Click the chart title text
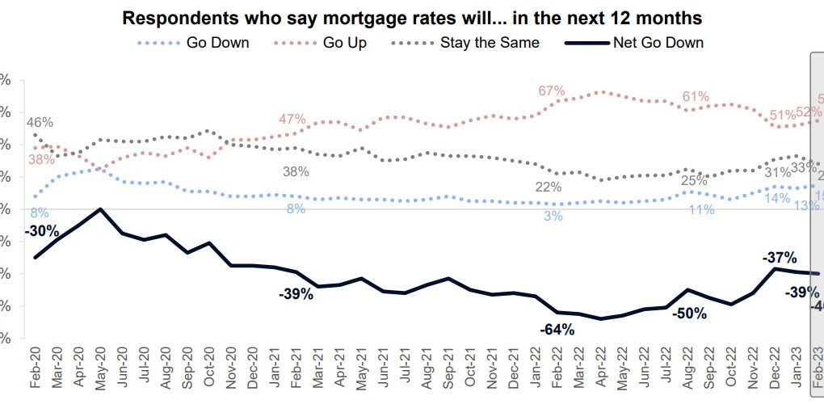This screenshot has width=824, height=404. pyautogui.click(x=412, y=16)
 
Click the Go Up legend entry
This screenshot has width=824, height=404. pyautogui.click(x=343, y=42)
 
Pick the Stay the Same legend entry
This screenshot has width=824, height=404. pyautogui.click(x=490, y=42)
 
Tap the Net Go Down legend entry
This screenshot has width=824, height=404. pyautogui.click(x=658, y=42)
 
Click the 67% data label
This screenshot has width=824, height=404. pyautogui.click(x=552, y=90)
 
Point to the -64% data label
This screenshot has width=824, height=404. pyautogui.click(x=557, y=329)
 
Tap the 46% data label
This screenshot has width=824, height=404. pyautogui.click(x=40, y=123)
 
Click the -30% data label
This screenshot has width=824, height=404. pyautogui.click(x=42, y=231)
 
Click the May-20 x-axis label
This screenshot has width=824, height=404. pyautogui.click(x=101, y=371)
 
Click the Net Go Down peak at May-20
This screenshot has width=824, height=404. pyautogui.click(x=100, y=209)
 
